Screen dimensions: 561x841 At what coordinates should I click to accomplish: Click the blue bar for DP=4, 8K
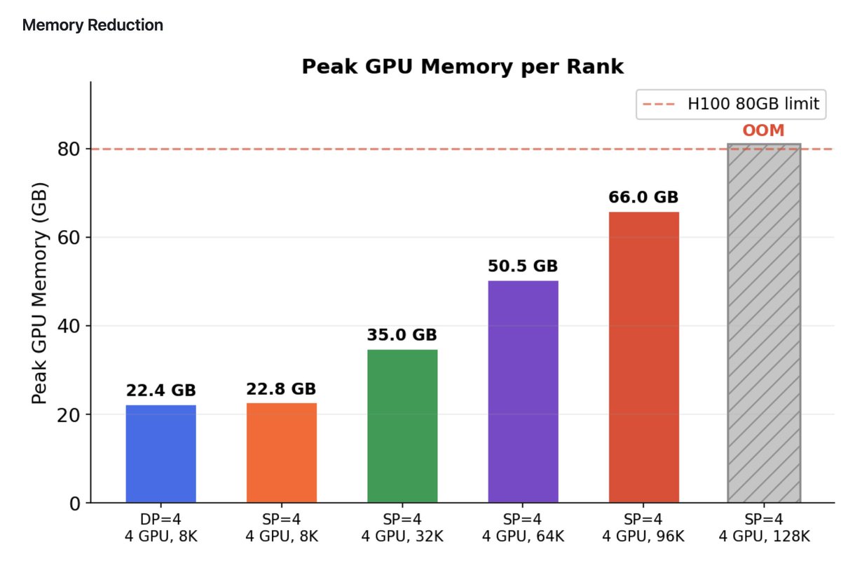[160, 454]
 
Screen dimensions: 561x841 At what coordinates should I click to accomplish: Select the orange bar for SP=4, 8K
[281, 452]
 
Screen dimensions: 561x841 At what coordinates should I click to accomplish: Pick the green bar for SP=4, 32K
[402, 426]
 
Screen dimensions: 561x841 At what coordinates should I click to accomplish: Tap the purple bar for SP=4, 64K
[523, 391]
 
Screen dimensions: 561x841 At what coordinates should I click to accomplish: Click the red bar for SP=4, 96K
[643, 357]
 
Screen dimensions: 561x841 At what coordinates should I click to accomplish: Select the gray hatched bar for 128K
[764, 323]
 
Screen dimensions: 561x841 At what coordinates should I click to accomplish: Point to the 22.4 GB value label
[160, 391]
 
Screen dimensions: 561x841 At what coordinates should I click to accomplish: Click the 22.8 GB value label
[281, 388]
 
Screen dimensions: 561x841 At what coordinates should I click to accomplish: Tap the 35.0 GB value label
[402, 335]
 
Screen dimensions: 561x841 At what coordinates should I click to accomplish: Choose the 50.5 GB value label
[523, 266]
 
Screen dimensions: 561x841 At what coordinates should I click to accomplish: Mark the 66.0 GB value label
[643, 197]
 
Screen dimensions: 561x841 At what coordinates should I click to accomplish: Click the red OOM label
[764, 130]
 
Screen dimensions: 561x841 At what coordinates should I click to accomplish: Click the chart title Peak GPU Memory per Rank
[462, 67]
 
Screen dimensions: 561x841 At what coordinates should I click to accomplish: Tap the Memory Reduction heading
[93, 25]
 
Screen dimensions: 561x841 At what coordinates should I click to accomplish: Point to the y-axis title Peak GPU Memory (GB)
[41, 292]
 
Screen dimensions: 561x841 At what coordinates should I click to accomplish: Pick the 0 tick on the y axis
[74, 503]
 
